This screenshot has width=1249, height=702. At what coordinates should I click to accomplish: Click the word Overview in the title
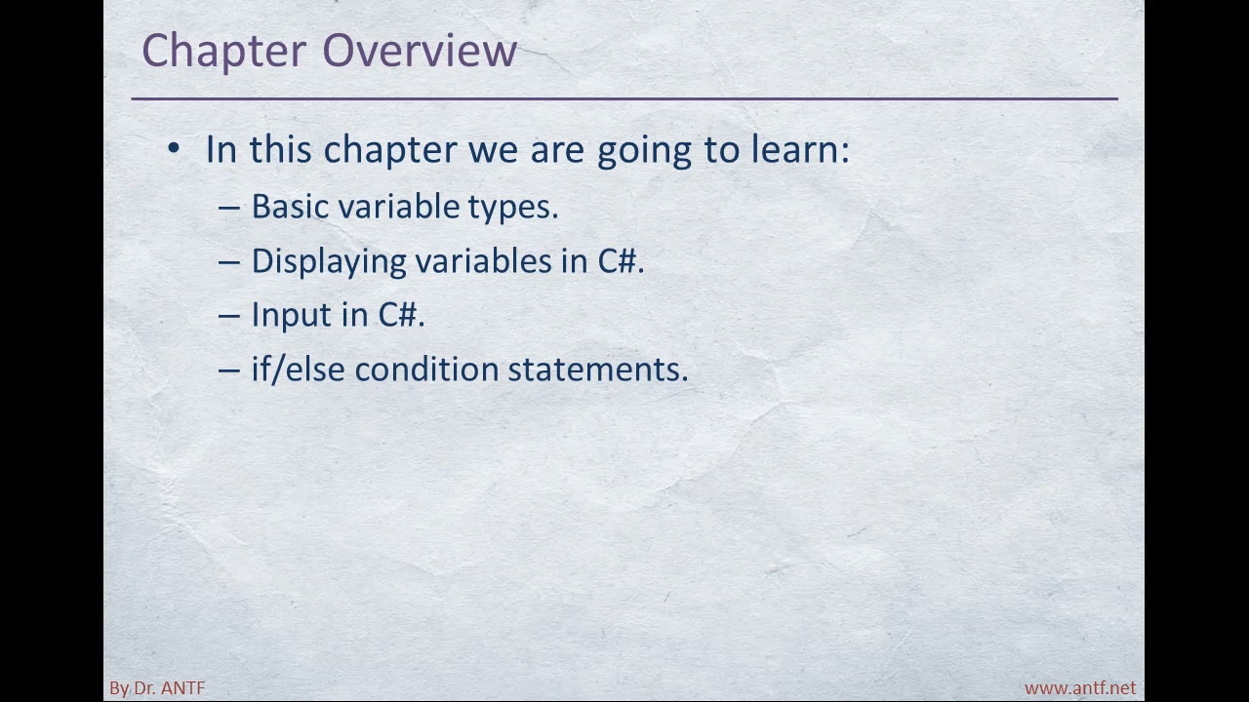pos(420,50)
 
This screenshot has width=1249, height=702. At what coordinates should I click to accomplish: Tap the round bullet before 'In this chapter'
pos(174,149)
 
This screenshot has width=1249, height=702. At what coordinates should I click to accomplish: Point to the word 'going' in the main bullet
pos(644,150)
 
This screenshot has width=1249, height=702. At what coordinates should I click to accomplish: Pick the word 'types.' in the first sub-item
pos(513,209)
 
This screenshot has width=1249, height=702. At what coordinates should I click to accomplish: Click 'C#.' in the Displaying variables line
pos(621,260)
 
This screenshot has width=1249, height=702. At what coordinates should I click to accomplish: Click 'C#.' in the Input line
pos(401,315)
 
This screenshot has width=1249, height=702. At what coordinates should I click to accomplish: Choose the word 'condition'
pos(426,369)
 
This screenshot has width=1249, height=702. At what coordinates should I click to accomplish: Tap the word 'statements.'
pos(598,370)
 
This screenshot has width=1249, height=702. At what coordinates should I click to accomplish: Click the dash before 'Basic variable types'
pos(228,209)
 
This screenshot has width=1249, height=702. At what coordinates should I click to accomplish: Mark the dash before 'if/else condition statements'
pos(228,371)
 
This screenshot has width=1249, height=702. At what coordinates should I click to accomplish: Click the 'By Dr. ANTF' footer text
pos(157,688)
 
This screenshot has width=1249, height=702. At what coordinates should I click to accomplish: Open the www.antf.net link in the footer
pos(1080,688)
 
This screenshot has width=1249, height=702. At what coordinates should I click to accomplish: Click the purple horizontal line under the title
pos(624,99)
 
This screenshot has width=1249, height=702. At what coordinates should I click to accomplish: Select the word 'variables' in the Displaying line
pos(483,260)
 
